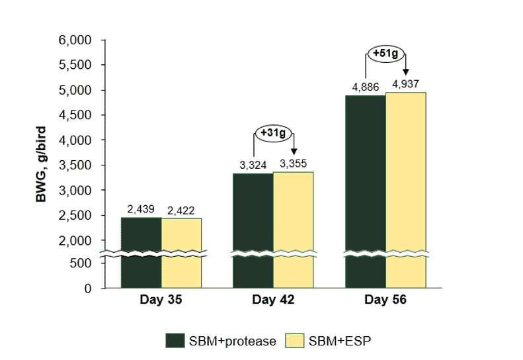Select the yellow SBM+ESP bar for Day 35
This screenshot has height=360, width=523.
point(181,253)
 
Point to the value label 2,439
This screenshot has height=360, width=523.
point(141,210)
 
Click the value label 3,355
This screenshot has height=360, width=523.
point(293,163)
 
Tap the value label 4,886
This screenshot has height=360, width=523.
point(365,87)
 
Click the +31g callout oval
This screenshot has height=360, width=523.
point(274,133)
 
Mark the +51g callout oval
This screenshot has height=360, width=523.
point(385,53)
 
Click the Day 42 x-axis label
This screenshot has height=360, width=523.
point(273,300)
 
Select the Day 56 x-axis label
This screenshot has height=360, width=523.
point(385,300)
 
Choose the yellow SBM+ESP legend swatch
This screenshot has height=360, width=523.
point(295,340)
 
